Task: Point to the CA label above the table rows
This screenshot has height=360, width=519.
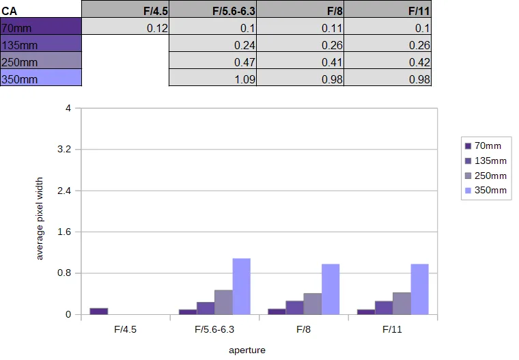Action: (x=9, y=11)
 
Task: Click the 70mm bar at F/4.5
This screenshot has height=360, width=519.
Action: (x=98, y=311)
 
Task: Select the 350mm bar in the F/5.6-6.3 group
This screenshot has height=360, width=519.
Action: (x=241, y=286)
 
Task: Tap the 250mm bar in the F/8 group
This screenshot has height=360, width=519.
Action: (x=313, y=304)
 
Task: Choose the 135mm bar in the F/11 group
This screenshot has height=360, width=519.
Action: (x=384, y=307)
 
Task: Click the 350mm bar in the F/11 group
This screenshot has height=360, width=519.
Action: (x=420, y=289)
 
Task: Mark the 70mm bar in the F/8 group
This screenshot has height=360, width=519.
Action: (x=277, y=311)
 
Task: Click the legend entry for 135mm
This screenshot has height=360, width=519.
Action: (x=486, y=161)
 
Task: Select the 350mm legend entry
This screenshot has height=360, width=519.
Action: (x=486, y=191)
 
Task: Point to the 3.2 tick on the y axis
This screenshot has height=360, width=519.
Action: (x=64, y=149)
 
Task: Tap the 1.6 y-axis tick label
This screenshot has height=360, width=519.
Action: (x=64, y=232)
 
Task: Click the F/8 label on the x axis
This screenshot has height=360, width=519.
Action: (x=303, y=329)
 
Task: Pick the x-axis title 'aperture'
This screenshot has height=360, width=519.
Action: (x=247, y=350)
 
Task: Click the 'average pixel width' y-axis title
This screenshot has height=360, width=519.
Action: (x=40, y=219)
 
